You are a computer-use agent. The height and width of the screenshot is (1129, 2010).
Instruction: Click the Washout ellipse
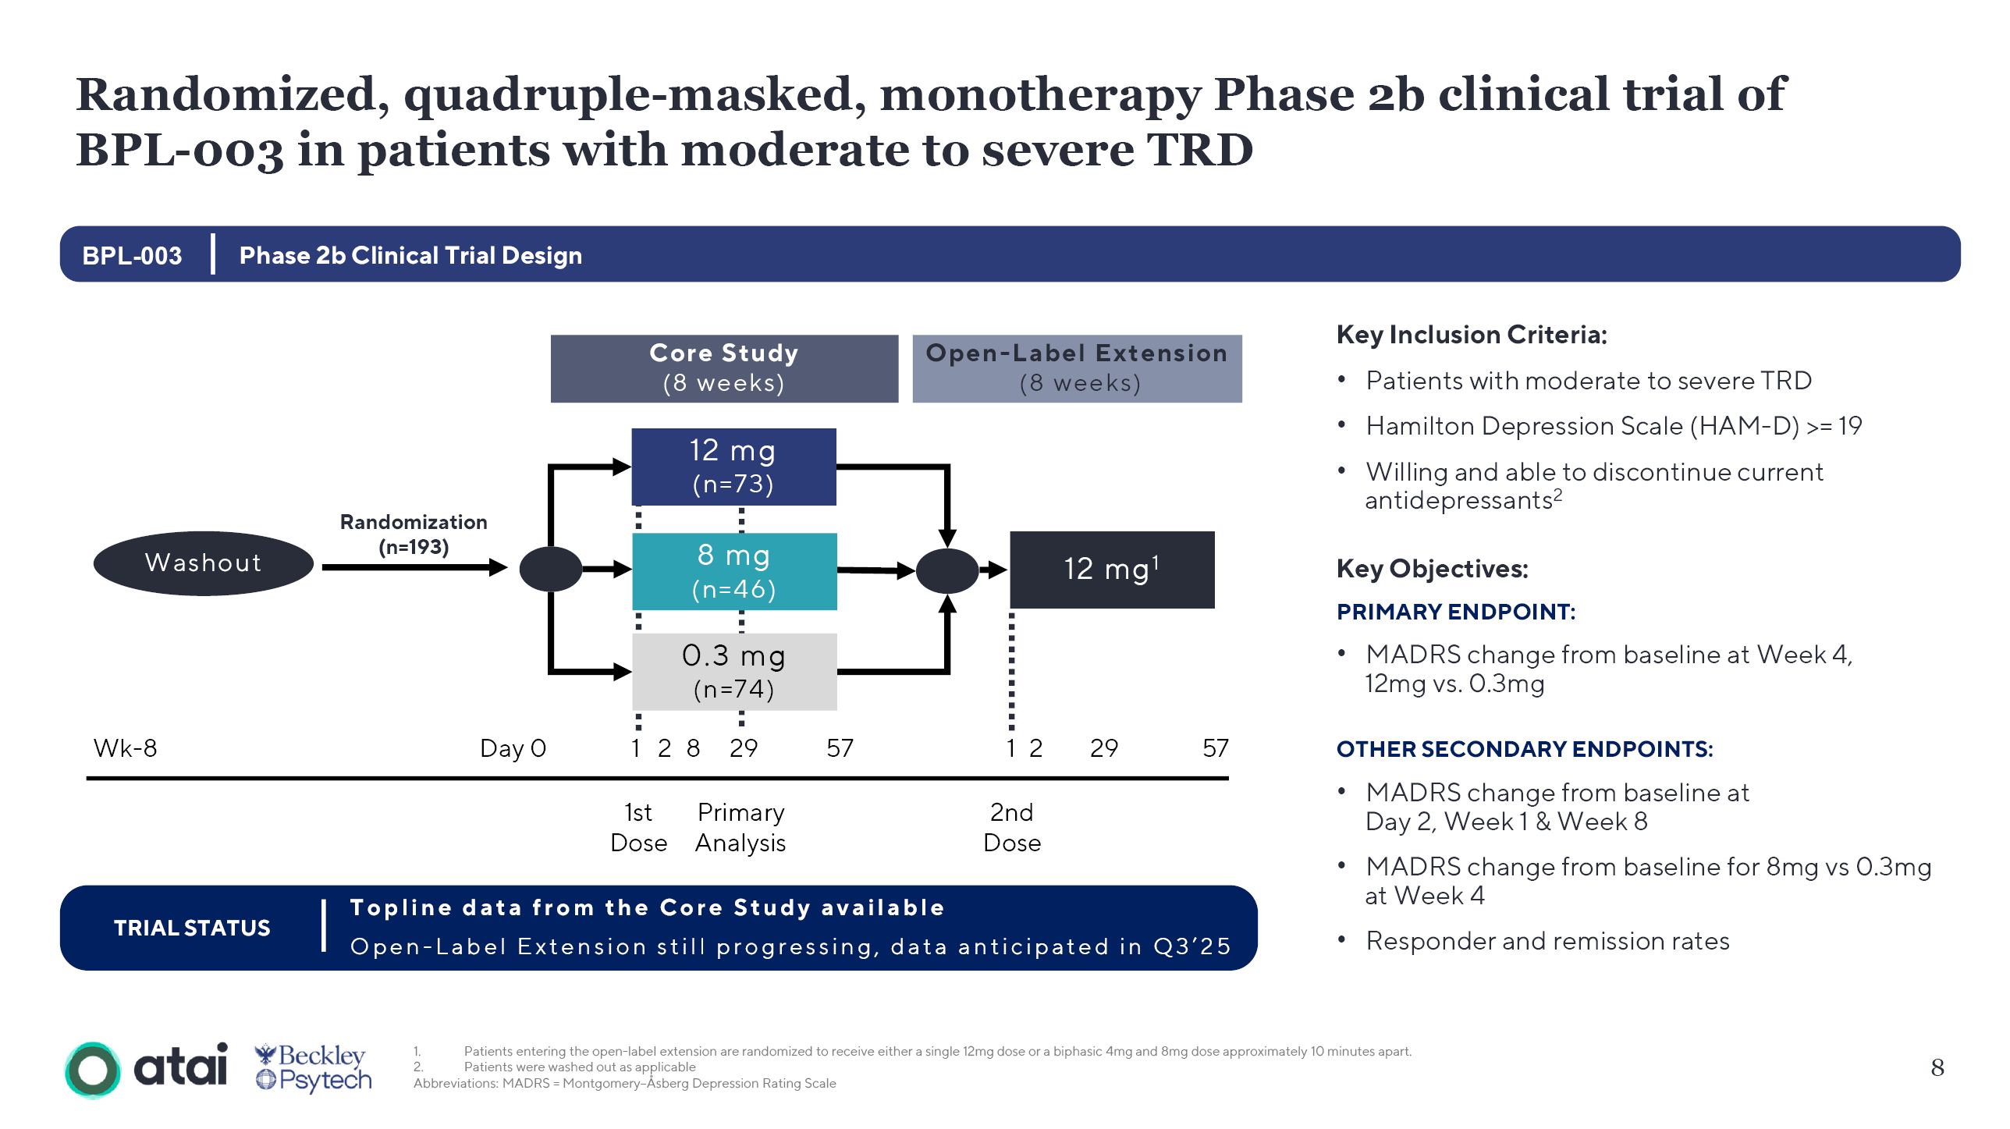[x=203, y=563]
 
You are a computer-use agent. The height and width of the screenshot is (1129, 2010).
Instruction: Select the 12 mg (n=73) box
[x=733, y=467]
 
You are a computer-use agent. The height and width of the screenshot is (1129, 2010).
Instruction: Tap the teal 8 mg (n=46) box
[x=734, y=571]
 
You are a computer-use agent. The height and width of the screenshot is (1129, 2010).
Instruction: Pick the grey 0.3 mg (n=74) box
[x=734, y=671]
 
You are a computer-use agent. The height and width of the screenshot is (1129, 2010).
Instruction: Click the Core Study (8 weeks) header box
[x=724, y=368]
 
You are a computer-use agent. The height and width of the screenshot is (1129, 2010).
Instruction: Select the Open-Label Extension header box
[x=1077, y=368]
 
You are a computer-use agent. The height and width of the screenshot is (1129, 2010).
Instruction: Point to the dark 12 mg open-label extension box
[x=1112, y=570]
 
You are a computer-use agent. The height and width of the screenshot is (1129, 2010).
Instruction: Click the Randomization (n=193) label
[x=414, y=534]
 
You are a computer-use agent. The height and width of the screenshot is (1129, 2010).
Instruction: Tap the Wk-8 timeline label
[x=125, y=748]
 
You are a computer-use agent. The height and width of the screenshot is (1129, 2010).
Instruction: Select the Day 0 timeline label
[x=513, y=748]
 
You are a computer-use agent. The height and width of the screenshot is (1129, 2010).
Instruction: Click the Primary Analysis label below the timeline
[x=740, y=827]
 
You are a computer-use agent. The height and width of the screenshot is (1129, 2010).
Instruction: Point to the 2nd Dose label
[x=1012, y=827]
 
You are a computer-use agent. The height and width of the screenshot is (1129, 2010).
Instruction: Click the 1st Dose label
[x=638, y=827]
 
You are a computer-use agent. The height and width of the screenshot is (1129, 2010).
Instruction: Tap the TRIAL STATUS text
[x=192, y=928]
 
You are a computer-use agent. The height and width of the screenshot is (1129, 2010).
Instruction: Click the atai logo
[x=147, y=1068]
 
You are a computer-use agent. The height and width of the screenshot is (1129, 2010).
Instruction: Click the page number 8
[x=1937, y=1067]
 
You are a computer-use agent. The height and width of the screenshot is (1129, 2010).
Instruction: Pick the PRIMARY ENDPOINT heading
[x=1456, y=612]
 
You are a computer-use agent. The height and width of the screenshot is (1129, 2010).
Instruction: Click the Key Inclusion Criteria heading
[x=1472, y=335]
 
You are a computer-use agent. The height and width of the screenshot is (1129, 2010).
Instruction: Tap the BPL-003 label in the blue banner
[x=132, y=255]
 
